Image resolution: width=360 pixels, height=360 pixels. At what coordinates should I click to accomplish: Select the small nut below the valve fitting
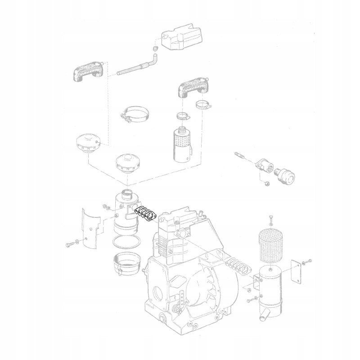click(x=266, y=183)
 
